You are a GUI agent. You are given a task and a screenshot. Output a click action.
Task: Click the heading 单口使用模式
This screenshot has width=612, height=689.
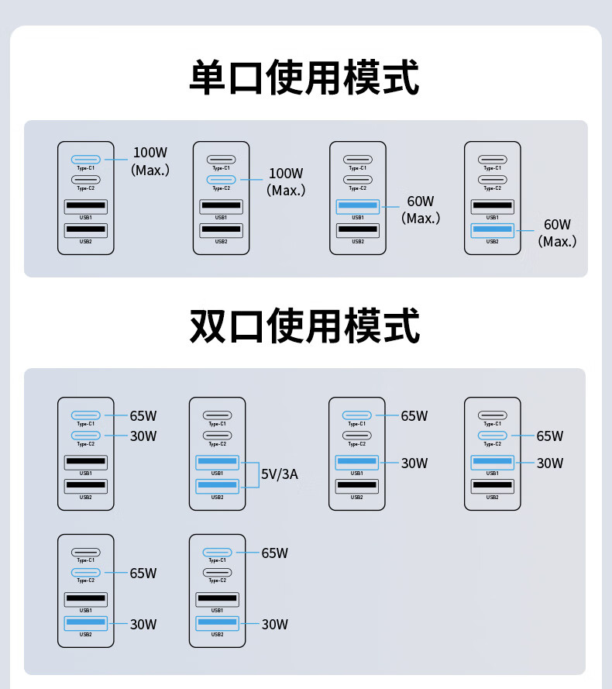pyautogui.click(x=304, y=78)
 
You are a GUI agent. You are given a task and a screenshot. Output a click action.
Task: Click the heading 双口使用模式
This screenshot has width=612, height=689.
pyautogui.click(x=304, y=326)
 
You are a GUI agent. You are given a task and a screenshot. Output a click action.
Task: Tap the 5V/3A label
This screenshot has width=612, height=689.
pyautogui.click(x=279, y=474)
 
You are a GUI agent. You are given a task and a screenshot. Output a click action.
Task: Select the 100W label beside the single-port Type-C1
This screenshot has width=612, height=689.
pyautogui.click(x=150, y=153)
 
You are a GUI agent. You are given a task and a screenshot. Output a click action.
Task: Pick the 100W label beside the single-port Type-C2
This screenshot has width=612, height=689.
pyautogui.click(x=286, y=173)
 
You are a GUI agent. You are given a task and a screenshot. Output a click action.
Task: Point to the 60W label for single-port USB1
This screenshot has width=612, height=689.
pyautogui.click(x=421, y=202)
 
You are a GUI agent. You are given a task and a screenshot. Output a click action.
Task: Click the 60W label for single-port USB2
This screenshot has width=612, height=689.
pyautogui.click(x=557, y=225)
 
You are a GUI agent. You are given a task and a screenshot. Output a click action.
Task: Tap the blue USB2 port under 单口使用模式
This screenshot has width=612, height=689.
pyautogui.click(x=492, y=229)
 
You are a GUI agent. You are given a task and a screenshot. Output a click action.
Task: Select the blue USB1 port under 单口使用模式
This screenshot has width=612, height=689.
pyautogui.click(x=357, y=206)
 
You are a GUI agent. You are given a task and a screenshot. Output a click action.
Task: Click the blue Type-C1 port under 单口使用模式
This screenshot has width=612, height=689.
pyautogui.click(x=86, y=160)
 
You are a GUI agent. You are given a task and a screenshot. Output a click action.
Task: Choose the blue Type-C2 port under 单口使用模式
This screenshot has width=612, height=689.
pyautogui.click(x=221, y=180)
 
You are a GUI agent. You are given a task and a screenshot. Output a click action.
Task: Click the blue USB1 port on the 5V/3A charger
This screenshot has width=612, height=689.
pyautogui.click(x=217, y=462)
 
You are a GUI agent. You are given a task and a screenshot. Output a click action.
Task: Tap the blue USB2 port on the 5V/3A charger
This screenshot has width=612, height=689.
pyautogui.click(x=217, y=485)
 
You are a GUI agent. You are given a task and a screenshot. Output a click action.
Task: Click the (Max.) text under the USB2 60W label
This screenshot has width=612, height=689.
pyautogui.click(x=557, y=242)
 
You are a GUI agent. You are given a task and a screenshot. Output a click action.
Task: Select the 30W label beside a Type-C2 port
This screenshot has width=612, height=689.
pyautogui.click(x=143, y=436)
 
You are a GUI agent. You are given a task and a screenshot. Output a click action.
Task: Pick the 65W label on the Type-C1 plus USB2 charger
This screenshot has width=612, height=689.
pyautogui.click(x=274, y=553)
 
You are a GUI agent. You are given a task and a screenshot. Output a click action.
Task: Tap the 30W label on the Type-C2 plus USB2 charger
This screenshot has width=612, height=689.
pyautogui.click(x=143, y=625)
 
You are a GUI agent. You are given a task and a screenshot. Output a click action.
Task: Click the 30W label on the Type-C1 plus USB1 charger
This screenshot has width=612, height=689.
pyautogui.click(x=414, y=463)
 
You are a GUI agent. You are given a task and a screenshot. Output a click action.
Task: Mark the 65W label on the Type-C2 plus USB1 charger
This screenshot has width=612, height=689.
pyautogui.click(x=550, y=436)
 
